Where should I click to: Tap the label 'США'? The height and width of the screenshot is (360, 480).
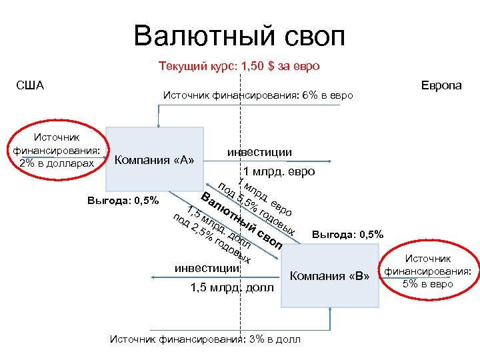coord(30,85)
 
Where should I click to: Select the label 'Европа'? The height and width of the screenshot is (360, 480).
coord(441,85)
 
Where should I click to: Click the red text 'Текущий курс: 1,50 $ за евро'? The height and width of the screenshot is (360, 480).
coord(239,66)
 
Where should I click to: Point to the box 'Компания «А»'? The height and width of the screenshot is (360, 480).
coord(154,159)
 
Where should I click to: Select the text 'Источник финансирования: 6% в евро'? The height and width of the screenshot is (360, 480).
coord(258,95)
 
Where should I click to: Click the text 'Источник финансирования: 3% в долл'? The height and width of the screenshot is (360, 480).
coord(204,339)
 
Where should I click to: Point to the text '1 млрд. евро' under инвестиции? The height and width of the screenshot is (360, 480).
coord(279,171)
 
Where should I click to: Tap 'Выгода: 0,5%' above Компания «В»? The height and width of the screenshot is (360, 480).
coord(347,235)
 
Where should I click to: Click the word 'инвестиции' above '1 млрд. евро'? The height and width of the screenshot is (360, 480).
coord(259,152)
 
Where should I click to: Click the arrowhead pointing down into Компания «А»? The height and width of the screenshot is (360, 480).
coord(157,123)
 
